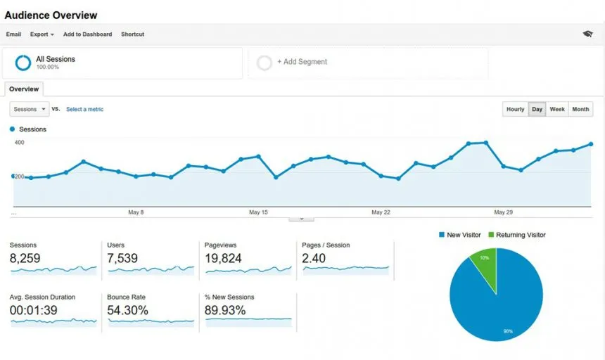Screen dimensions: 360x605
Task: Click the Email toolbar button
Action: tap(13, 34)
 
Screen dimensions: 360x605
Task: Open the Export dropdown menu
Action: tap(42, 34)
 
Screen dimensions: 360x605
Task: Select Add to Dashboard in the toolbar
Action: tap(88, 34)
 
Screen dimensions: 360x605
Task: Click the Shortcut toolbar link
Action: tap(132, 34)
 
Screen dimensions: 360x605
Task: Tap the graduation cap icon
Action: tap(587, 34)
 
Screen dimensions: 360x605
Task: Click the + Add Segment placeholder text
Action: tap(302, 62)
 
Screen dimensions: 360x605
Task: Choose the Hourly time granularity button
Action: tap(515, 110)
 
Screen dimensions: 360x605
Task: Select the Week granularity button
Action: tap(557, 110)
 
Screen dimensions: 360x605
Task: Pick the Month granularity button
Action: tap(580, 110)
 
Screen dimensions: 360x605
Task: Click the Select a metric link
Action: tap(84, 110)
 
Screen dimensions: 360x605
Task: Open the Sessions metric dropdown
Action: tap(29, 110)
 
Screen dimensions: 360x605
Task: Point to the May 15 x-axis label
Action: tap(258, 212)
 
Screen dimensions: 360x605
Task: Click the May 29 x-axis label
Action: tap(503, 212)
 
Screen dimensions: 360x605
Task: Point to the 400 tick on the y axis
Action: tap(19, 143)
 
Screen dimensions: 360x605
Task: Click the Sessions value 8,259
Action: tap(25, 259)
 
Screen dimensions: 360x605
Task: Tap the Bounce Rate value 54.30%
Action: tap(127, 310)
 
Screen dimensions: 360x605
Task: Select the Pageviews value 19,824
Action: tap(223, 259)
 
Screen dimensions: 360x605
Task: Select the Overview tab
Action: tap(24, 89)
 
